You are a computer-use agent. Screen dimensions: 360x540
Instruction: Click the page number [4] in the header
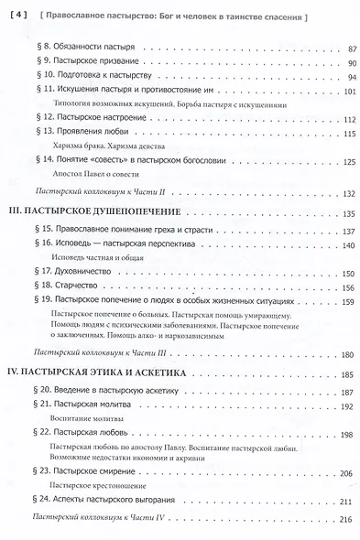(17, 16)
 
